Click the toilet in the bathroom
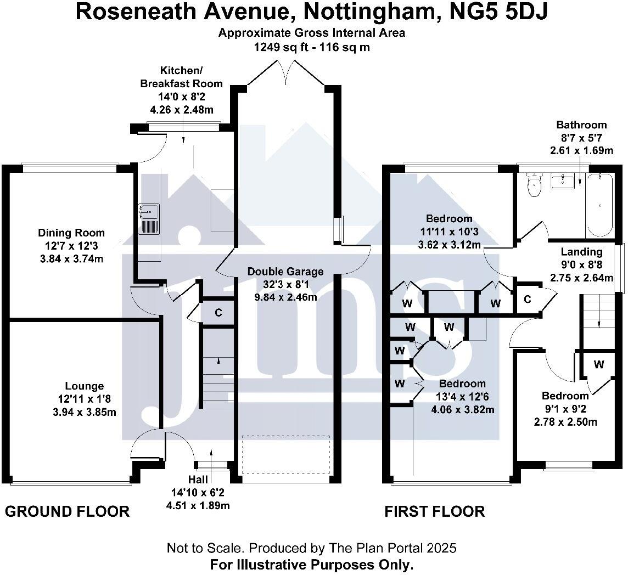[x=533, y=185]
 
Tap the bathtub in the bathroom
[x=599, y=204]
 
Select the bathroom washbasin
[x=564, y=181]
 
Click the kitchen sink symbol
[x=149, y=218]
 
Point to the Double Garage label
[x=285, y=272]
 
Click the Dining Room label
[x=71, y=233]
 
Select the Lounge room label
[x=84, y=386]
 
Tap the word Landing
[x=581, y=252]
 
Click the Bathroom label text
[x=581, y=125]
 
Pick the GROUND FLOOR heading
[x=67, y=512]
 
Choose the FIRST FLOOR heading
[x=434, y=512]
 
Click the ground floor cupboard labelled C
[x=218, y=313]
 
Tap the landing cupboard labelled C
[x=527, y=300]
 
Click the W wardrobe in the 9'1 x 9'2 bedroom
[x=598, y=364]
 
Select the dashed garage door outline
[x=285, y=454]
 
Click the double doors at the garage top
[x=286, y=74]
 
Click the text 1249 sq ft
[x=280, y=47]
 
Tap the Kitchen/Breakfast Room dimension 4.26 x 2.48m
[x=182, y=109]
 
